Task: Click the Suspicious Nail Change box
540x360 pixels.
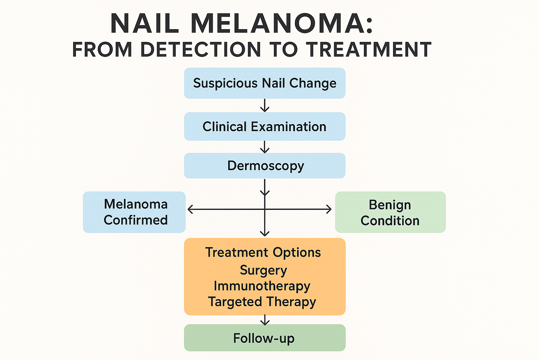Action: (265, 83)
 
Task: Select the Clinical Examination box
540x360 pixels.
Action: (265, 127)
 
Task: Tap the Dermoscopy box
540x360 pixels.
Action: (265, 166)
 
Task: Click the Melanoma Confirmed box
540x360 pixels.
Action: (134, 212)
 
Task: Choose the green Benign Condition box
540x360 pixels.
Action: (390, 212)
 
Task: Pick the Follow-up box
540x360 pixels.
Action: (265, 338)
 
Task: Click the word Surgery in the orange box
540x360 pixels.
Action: (263, 270)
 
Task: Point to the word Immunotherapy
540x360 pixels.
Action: (262, 286)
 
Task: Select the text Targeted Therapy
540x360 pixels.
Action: (262, 302)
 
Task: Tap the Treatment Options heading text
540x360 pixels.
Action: (263, 252)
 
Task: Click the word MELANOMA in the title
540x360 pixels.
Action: (282, 24)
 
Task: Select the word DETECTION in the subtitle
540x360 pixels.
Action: (200, 49)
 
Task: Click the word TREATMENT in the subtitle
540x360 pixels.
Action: (368, 49)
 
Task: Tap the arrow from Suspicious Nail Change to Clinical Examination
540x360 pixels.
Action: (265, 105)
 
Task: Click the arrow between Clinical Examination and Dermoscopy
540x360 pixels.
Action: (265, 147)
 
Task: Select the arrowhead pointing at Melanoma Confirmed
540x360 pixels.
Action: (190, 210)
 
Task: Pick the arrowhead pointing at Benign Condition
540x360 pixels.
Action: (329, 210)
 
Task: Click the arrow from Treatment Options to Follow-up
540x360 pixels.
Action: (265, 320)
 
